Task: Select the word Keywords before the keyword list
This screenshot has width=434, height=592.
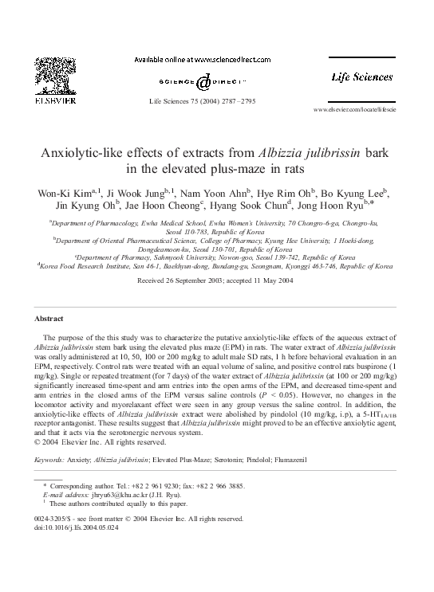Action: pyautogui.click(x=53, y=460)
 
